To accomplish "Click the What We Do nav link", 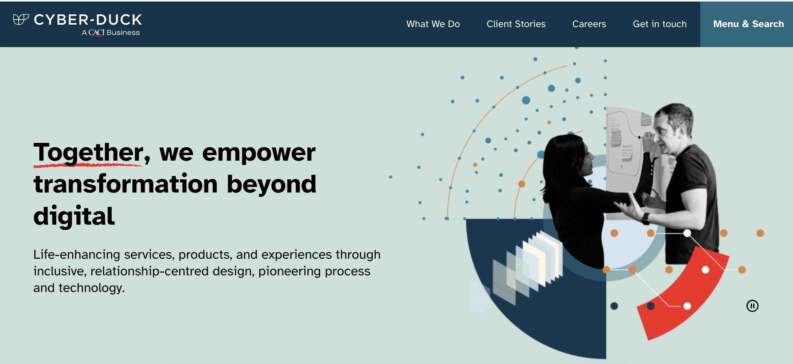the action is point(433,24).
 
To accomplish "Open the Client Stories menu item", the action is point(516,24).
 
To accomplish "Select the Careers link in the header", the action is point(589,24).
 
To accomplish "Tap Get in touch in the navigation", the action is point(659,24).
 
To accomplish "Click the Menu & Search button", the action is point(748,24).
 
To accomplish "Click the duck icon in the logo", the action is point(21,20).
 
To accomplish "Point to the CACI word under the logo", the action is point(96,33).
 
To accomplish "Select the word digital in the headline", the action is point(74,216).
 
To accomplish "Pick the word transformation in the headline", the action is point(126,184).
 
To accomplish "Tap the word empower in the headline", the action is point(259,153).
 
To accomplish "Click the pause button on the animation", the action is point(752,306).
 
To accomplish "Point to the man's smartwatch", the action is point(645,218).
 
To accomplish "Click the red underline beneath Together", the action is point(87,165).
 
